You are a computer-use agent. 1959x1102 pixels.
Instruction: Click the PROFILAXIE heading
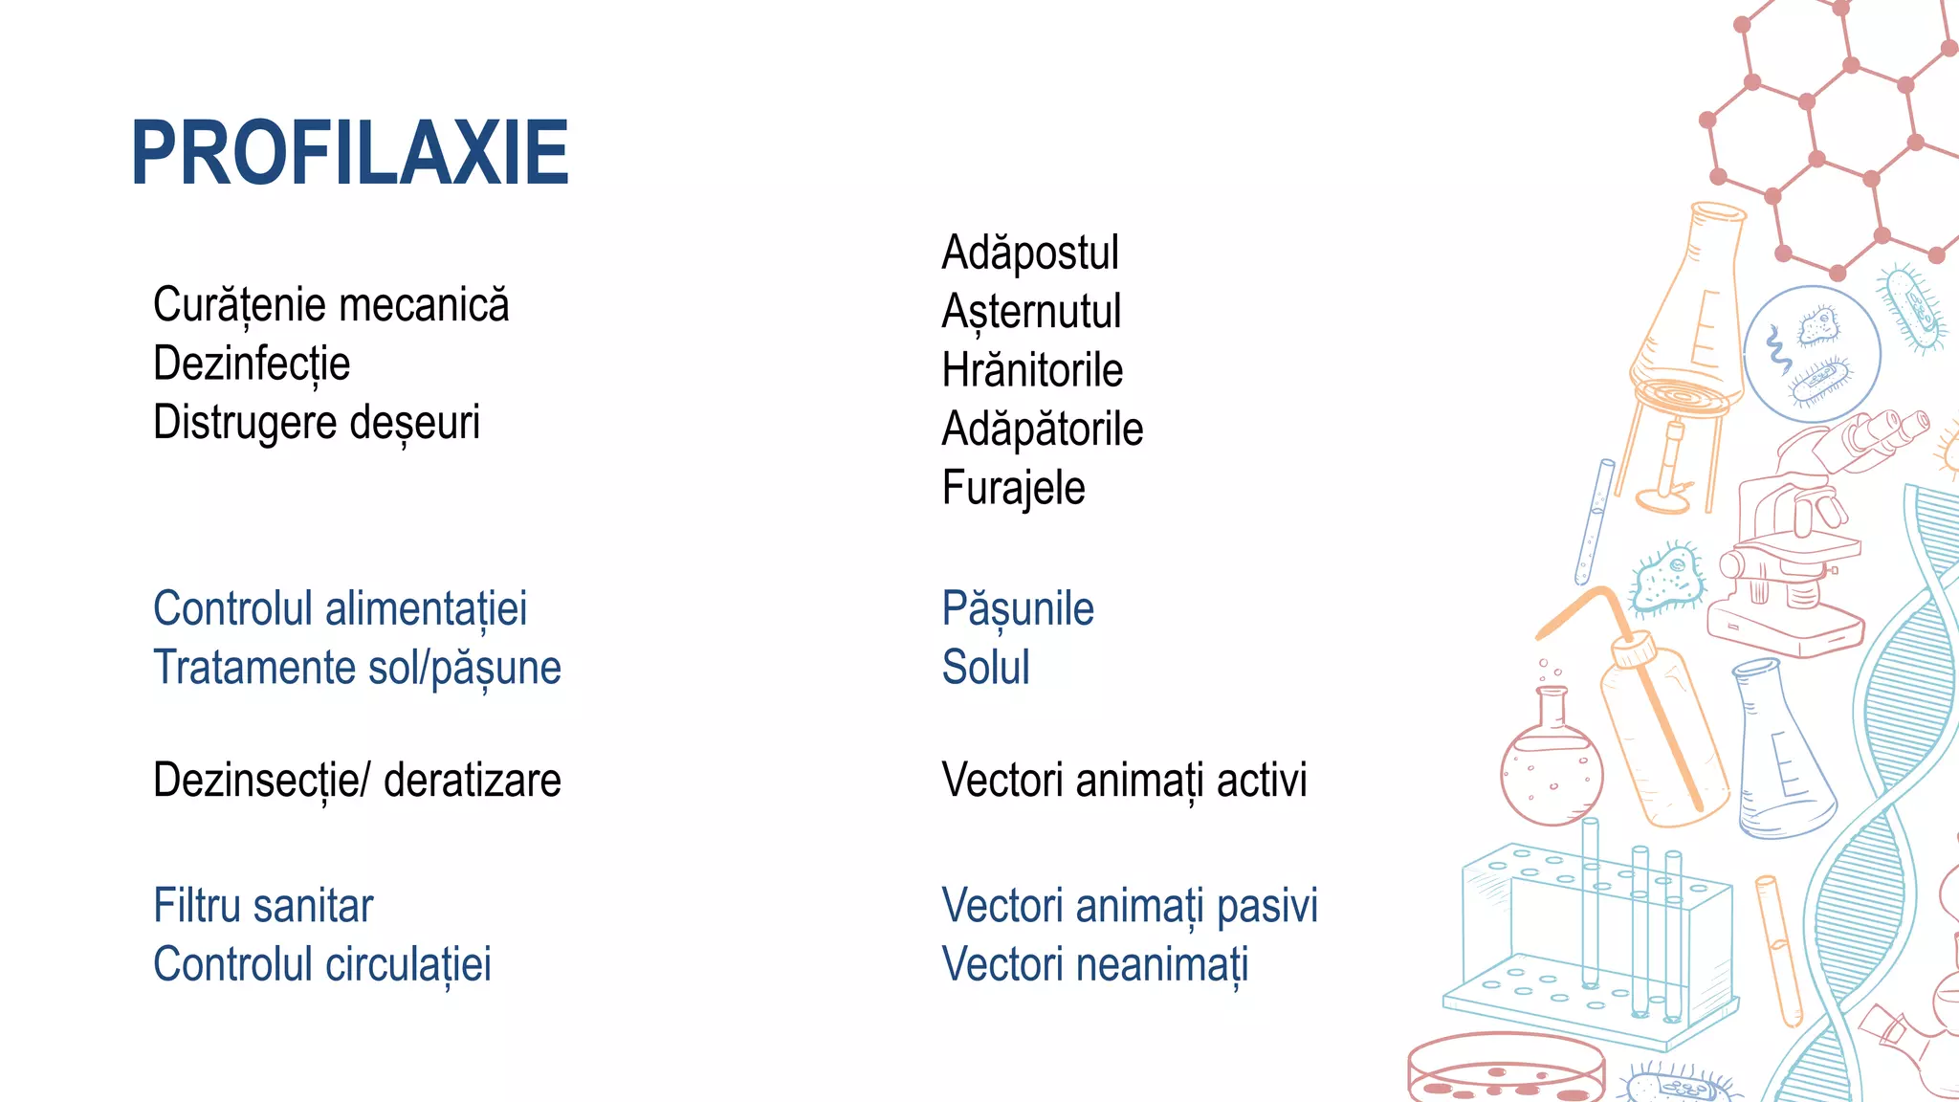pos(350,153)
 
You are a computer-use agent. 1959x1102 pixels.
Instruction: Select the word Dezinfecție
pos(252,364)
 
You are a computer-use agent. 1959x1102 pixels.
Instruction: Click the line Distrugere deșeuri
pos(316,423)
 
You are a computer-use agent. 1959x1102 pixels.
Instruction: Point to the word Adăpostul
pos(1029,253)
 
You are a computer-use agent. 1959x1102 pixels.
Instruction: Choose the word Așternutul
pos(1031,313)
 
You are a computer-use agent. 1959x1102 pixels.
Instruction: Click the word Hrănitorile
pos(1032,371)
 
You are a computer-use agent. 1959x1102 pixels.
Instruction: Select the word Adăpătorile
pos(1042,430)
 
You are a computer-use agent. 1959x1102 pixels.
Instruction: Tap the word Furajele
pos(1013,488)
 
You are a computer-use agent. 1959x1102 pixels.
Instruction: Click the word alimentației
pos(427,610)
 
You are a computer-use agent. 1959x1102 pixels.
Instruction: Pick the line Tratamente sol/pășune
pos(357,668)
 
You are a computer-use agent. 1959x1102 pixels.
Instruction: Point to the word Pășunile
pos(1017,610)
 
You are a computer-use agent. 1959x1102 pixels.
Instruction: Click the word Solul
pos(985,668)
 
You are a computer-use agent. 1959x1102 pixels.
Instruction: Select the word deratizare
pos(472,781)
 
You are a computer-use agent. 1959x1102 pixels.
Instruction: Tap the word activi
pos(1262,781)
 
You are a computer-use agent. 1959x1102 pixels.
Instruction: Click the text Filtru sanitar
pos(263,906)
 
